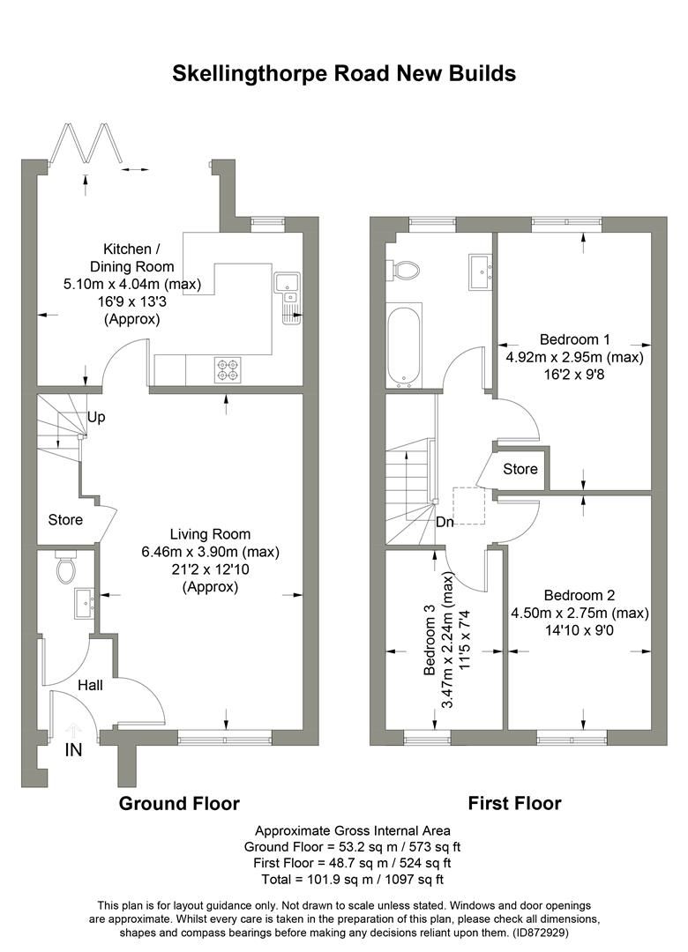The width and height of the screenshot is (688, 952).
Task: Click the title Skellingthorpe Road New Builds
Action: click(344, 73)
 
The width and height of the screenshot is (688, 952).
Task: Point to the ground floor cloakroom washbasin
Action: click(85, 604)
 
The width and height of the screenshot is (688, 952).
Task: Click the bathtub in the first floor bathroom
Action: click(404, 345)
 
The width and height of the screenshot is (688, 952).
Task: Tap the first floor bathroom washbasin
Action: click(480, 269)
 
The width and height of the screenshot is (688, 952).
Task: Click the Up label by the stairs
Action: click(96, 417)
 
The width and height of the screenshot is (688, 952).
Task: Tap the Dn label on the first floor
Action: click(445, 521)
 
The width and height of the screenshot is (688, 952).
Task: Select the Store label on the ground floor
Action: click(65, 519)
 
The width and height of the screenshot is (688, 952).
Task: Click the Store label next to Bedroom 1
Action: click(520, 469)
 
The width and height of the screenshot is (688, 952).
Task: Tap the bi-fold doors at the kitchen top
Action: click(86, 144)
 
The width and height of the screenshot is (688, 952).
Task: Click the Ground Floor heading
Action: click(179, 803)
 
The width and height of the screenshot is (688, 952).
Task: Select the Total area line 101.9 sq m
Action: click(353, 879)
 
